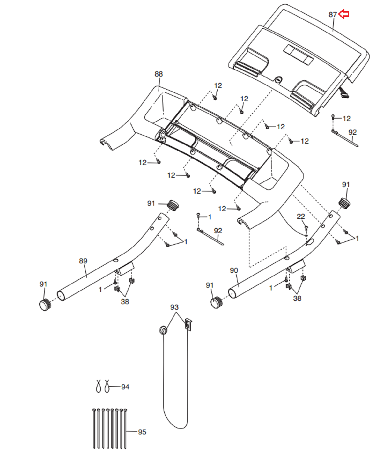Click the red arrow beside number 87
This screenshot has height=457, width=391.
point(344,14)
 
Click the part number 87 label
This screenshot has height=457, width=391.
point(333,15)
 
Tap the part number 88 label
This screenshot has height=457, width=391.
point(159,74)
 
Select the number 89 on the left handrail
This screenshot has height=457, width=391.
point(83,261)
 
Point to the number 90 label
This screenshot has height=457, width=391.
point(234,270)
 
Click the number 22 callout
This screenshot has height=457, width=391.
point(301,217)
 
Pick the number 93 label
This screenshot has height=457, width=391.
point(174,307)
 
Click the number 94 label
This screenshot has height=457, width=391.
point(125,387)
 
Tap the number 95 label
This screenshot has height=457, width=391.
point(142,432)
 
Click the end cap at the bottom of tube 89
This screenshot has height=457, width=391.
point(45,304)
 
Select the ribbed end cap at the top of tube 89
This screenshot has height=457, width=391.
point(173,205)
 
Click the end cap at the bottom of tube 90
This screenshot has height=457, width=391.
point(217,302)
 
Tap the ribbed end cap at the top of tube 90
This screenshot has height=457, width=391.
point(344,203)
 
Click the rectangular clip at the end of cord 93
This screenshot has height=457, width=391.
point(188,324)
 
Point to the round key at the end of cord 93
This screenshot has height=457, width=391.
point(163,330)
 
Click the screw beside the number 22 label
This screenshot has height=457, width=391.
point(306,228)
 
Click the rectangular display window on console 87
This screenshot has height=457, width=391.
point(298,55)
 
